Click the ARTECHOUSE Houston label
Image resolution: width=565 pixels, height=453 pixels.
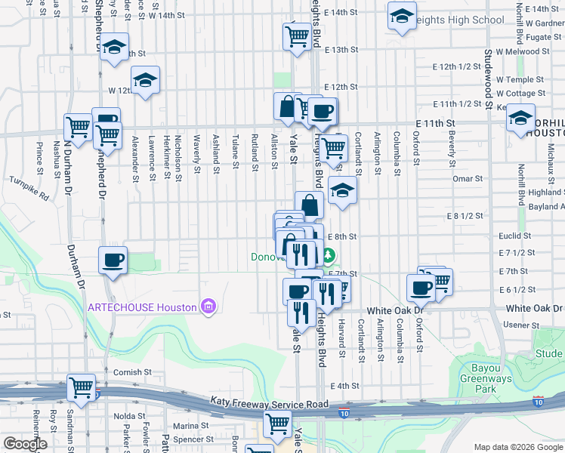coord(143,307)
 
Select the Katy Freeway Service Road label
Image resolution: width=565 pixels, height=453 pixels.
coord(270,405)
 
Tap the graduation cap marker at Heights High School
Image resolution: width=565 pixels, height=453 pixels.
coord(402,15)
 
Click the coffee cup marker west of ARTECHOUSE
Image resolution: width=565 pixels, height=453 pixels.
coord(113,260)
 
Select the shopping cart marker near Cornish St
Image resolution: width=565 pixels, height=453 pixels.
coord(81,387)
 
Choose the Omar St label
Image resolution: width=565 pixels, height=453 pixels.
coord(467,178)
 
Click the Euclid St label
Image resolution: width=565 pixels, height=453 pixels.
coord(512,236)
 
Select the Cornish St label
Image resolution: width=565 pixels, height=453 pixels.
coord(128,372)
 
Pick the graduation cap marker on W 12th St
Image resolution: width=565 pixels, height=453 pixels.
coord(145,80)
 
